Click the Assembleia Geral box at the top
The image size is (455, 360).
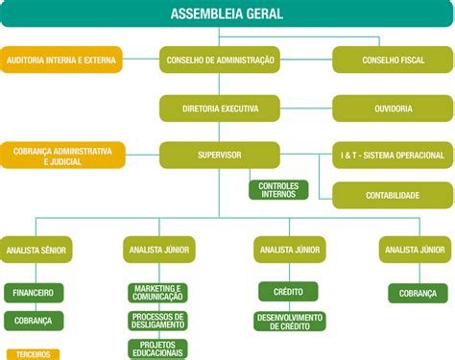click(227, 13)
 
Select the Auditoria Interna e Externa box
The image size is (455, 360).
click(61, 60)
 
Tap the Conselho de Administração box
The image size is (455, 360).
click(219, 60)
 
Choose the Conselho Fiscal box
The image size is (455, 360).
click(393, 60)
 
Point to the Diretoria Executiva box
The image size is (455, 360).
click(219, 108)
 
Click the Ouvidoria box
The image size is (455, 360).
click(393, 108)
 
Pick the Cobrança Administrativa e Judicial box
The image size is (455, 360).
click(62, 156)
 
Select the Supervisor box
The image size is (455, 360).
click(219, 155)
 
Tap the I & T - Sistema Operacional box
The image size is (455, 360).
click(393, 156)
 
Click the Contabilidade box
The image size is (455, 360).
click(393, 195)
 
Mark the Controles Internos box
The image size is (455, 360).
click(278, 190)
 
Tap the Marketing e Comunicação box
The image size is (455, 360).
click(158, 293)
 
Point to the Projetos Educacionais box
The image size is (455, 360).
click(158, 348)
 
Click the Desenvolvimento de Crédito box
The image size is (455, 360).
click(290, 322)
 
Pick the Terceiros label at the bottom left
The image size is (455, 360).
click(33, 354)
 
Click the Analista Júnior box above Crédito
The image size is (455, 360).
click(290, 250)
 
